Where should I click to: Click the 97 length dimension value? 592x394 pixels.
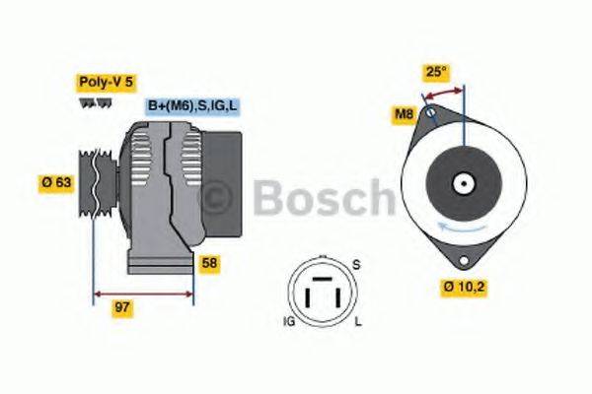[x=121, y=308]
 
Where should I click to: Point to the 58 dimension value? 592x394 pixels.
[x=209, y=263]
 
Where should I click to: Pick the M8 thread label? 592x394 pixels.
[x=404, y=114]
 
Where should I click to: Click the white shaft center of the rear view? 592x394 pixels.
[x=461, y=184]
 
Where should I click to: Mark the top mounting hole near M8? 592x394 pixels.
[x=430, y=116]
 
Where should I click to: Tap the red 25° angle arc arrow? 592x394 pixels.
[x=443, y=91]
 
